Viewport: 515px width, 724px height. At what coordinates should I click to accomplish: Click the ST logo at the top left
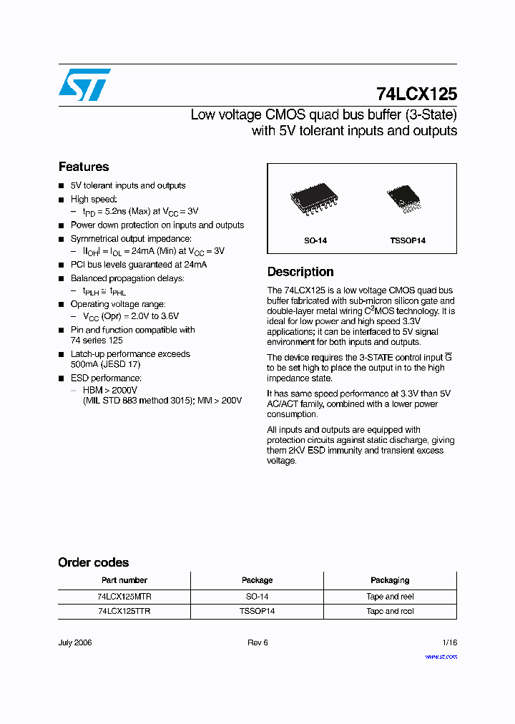tap(84, 84)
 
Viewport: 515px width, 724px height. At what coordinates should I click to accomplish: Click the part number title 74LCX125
tap(416, 94)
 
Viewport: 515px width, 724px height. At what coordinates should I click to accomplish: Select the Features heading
tap(84, 167)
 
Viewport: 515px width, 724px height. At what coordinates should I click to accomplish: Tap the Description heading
tap(300, 272)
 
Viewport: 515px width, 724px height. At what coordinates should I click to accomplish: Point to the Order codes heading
tap(94, 562)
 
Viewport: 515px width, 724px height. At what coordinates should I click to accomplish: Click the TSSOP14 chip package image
tap(407, 200)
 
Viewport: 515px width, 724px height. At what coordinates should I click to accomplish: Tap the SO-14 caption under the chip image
tap(315, 240)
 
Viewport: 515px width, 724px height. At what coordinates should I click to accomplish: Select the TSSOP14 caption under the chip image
tap(408, 240)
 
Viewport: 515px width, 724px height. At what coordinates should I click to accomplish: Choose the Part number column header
tap(124, 580)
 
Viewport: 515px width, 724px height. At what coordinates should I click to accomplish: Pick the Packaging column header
tap(390, 580)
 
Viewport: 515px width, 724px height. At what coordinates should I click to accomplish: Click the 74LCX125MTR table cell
tap(124, 597)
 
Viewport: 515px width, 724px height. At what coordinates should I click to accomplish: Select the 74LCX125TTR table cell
tap(124, 612)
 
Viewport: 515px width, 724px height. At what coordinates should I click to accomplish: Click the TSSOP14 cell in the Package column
tap(257, 612)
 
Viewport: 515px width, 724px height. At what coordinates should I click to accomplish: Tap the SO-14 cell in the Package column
tap(257, 597)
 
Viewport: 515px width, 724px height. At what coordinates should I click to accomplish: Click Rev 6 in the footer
tap(257, 642)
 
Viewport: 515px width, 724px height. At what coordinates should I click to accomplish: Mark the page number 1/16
tap(448, 642)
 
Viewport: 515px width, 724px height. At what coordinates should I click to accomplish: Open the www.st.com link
tap(441, 657)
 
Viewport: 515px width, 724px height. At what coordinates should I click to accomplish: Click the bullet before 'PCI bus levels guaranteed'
tap(62, 265)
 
